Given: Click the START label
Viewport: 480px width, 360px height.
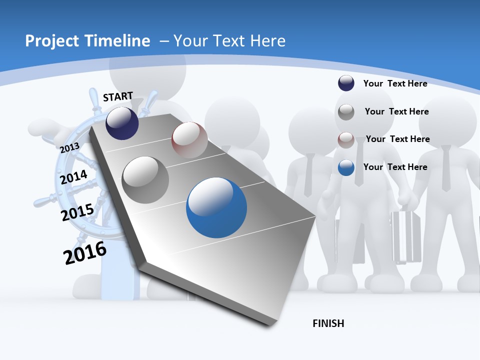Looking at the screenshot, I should (118, 96).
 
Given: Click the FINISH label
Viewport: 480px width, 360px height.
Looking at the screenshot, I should (328, 323).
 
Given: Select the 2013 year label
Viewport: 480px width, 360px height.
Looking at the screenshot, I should (69, 148).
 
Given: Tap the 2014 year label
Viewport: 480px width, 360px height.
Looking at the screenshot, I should (73, 177).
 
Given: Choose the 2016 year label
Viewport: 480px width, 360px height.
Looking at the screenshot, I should (85, 253).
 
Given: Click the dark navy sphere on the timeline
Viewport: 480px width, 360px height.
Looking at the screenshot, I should (122, 123).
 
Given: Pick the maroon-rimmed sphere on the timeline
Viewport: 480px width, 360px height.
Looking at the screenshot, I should (189, 140).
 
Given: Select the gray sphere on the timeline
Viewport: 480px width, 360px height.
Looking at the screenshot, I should (145, 179).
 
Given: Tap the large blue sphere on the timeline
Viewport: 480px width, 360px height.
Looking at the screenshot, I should (216, 207).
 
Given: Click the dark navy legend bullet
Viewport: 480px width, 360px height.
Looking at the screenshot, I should (346, 83).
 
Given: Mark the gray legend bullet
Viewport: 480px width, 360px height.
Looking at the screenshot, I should (346, 112).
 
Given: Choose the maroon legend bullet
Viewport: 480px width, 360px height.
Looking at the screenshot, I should (346, 140).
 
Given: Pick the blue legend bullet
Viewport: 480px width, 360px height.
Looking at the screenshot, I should (346, 167).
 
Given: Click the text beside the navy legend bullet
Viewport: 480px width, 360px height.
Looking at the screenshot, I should (395, 83).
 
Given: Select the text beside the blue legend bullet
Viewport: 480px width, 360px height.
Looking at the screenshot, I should (395, 167).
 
